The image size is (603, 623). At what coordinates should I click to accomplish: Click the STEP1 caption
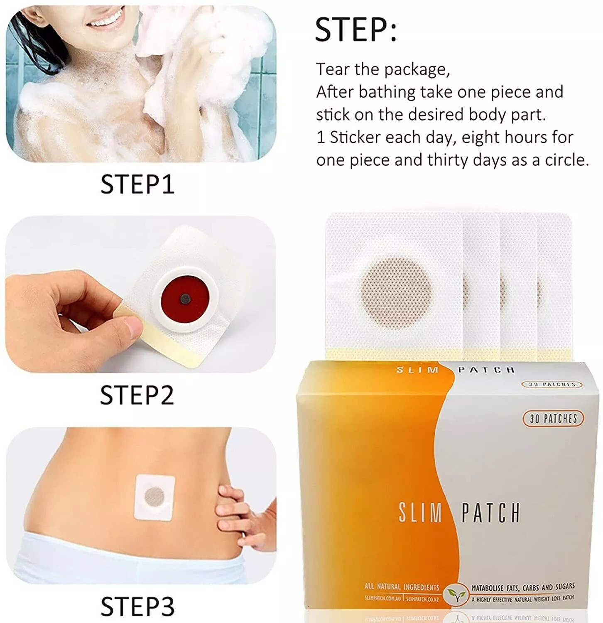click(137, 184)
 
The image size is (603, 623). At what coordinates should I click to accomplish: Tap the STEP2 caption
click(137, 395)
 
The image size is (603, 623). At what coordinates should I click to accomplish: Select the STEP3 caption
click(137, 607)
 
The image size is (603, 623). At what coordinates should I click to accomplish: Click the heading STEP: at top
click(355, 29)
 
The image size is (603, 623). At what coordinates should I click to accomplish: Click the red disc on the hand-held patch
click(185, 297)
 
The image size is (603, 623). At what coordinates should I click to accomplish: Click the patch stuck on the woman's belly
click(154, 497)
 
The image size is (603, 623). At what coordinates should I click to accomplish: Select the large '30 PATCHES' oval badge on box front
click(553, 418)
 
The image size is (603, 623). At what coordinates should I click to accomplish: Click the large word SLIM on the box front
click(420, 513)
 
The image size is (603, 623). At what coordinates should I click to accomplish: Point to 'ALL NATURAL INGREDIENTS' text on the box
click(402, 587)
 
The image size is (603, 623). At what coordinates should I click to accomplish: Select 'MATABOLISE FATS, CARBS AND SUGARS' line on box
click(523, 587)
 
